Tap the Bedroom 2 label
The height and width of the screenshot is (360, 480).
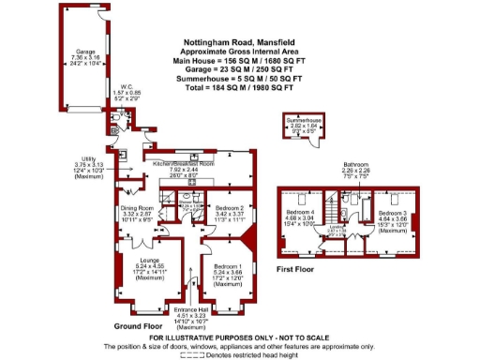[x=230, y=207]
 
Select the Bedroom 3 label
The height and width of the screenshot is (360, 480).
[x=393, y=214]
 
